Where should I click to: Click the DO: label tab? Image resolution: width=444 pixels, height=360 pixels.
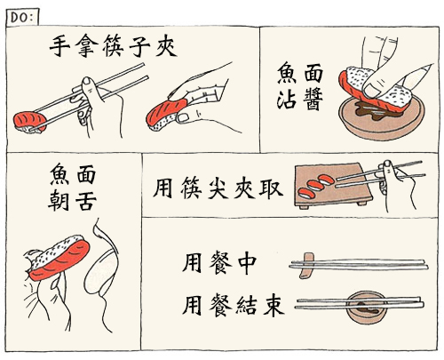coord(22,17)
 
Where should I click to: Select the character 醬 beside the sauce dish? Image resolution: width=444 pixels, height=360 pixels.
coord(313,100)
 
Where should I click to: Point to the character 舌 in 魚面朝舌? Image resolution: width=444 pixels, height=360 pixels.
coord(86,201)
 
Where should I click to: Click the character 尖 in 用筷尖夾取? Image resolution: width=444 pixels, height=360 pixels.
coord(218,188)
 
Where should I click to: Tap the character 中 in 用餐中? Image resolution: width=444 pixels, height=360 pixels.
coord(246,263)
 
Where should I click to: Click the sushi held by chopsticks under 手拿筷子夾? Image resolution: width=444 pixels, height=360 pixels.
coord(29,123)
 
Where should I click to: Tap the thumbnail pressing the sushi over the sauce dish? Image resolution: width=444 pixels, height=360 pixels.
coord(370,90)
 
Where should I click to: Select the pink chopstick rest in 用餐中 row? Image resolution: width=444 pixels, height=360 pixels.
coord(306,266)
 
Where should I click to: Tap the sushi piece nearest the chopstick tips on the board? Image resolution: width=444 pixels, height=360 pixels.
coord(326,180)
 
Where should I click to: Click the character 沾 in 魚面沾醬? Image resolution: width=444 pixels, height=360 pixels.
coord(287,100)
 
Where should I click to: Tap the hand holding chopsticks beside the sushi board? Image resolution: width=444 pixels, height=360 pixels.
coord(397,185)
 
